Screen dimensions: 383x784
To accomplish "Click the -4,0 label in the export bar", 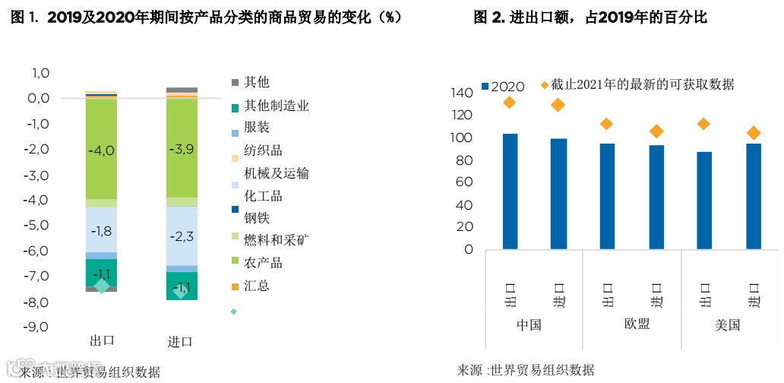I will [101, 150].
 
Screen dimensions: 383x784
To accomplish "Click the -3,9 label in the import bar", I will [182, 149].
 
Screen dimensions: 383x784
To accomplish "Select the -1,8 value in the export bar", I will [101, 232].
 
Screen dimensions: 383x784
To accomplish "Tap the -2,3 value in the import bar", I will [182, 236].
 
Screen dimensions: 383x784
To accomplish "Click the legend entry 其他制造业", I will [277, 106].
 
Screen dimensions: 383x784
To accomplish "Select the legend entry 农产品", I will [263, 263].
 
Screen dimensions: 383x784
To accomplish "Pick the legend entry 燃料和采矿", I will [275, 240].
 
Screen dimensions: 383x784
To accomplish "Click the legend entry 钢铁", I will [257, 218].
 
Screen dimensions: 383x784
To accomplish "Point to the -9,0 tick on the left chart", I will [38, 327].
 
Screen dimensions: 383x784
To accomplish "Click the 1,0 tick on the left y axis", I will [40, 73].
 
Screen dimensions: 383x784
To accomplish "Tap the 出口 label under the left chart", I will [102, 340].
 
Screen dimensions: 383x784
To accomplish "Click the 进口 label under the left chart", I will [180, 340].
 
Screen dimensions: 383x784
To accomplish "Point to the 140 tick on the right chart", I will [462, 93].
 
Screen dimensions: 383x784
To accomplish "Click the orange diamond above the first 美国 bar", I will [703, 124].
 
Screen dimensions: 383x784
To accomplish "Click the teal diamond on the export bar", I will [102, 286].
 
